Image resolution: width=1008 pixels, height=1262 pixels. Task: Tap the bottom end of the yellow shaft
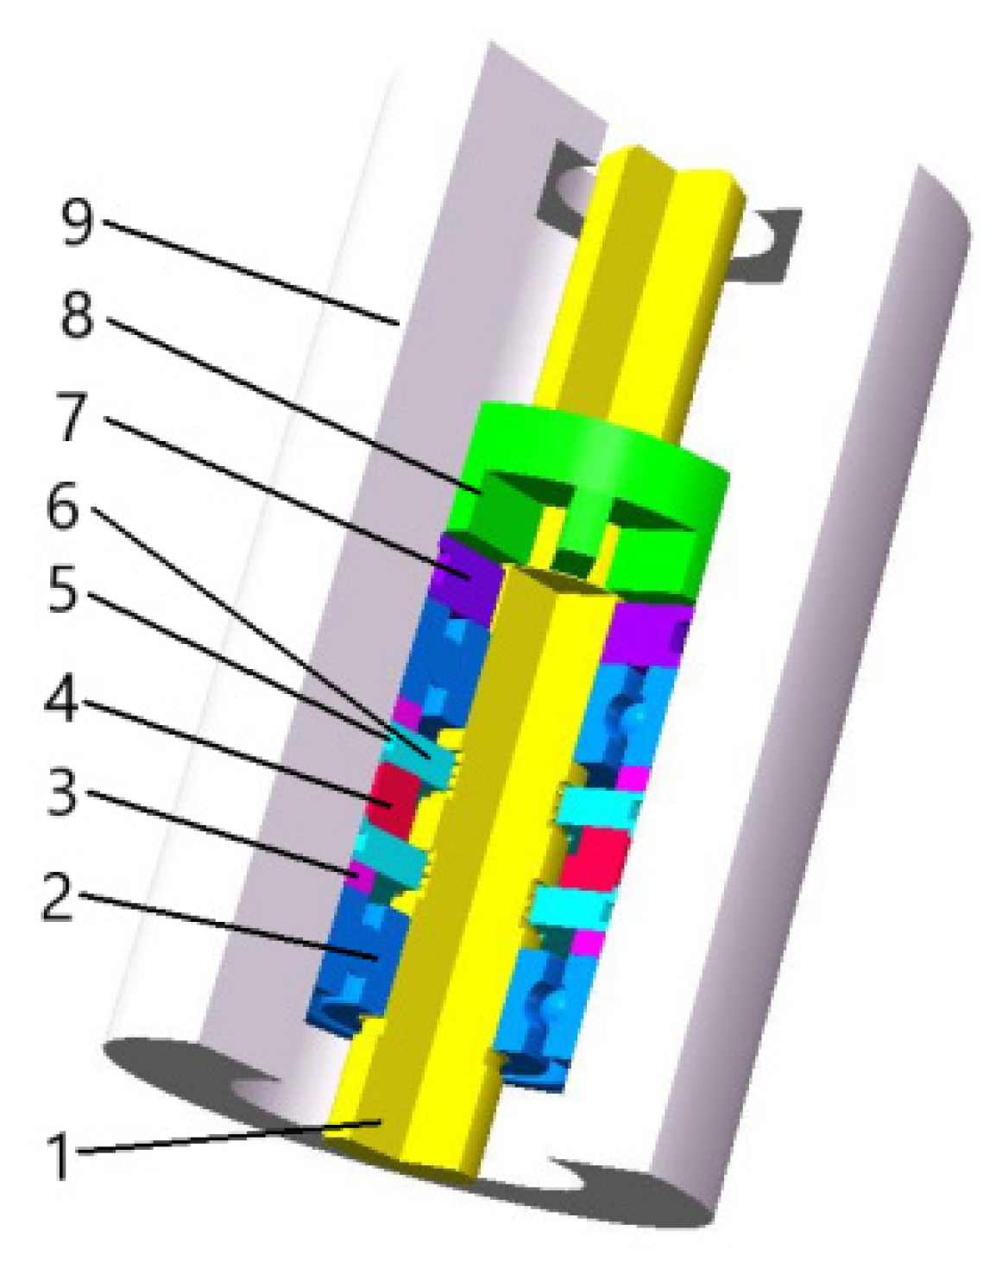coord(406,1148)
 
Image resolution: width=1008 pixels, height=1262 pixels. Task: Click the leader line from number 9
coord(250,272)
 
